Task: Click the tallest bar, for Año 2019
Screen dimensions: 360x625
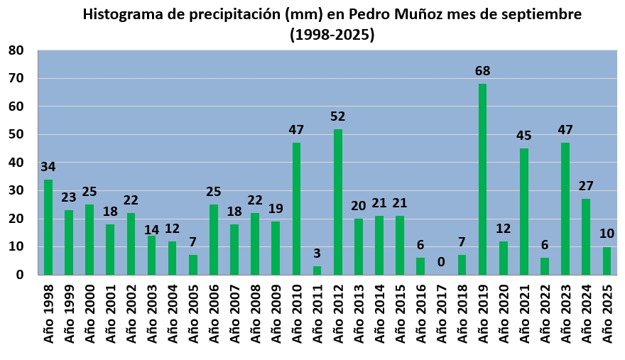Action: click(x=482, y=179)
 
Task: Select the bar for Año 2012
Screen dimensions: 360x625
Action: click(x=337, y=202)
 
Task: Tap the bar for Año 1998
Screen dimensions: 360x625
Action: click(x=48, y=227)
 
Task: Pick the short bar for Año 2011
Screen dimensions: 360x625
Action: click(x=317, y=271)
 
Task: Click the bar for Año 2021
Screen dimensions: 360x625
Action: click(x=523, y=211)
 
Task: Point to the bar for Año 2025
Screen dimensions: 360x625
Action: click(x=607, y=261)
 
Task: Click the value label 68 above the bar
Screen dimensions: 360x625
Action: click(x=482, y=71)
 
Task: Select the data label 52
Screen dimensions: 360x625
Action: click(x=337, y=116)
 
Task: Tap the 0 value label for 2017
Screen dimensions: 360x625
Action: click(x=441, y=262)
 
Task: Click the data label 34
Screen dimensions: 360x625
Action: click(x=48, y=167)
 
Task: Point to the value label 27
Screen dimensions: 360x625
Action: click(x=586, y=186)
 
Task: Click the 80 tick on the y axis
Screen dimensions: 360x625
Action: click(x=16, y=50)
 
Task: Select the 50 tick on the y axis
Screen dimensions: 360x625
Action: click(x=16, y=134)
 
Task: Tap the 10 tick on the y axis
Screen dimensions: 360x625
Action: click(x=16, y=246)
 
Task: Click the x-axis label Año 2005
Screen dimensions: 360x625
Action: click(x=193, y=315)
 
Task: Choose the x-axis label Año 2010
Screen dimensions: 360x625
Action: click(x=296, y=315)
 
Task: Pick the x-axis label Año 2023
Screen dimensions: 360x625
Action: click(x=565, y=315)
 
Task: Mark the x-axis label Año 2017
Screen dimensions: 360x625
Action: click(x=441, y=315)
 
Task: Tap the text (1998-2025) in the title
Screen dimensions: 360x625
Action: click(x=332, y=33)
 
